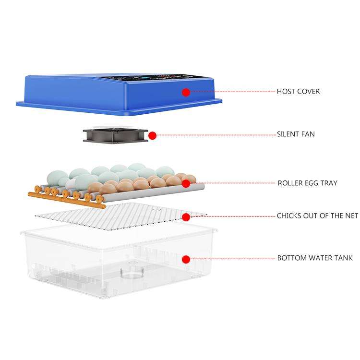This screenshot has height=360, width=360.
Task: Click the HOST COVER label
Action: coord(298,91)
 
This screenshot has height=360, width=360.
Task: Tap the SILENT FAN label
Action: coord(296,134)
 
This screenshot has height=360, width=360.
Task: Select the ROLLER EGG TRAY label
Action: coord(307,183)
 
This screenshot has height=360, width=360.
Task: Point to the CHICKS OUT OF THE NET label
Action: coord(317,216)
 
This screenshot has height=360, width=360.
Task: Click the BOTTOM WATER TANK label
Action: coord(315,258)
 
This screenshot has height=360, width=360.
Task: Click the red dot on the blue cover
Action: coord(186,92)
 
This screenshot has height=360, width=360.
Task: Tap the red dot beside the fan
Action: coord(153,135)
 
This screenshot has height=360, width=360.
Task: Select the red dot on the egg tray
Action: coord(186,183)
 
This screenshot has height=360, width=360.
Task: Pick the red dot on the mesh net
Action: coord(186,217)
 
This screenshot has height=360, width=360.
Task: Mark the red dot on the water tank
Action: coord(186,259)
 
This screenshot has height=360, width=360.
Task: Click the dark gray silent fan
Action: coord(116,135)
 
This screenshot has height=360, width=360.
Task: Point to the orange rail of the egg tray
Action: coord(67,200)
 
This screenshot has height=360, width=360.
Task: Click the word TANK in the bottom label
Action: coord(343,258)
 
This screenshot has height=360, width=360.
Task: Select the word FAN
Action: coord(307,134)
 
